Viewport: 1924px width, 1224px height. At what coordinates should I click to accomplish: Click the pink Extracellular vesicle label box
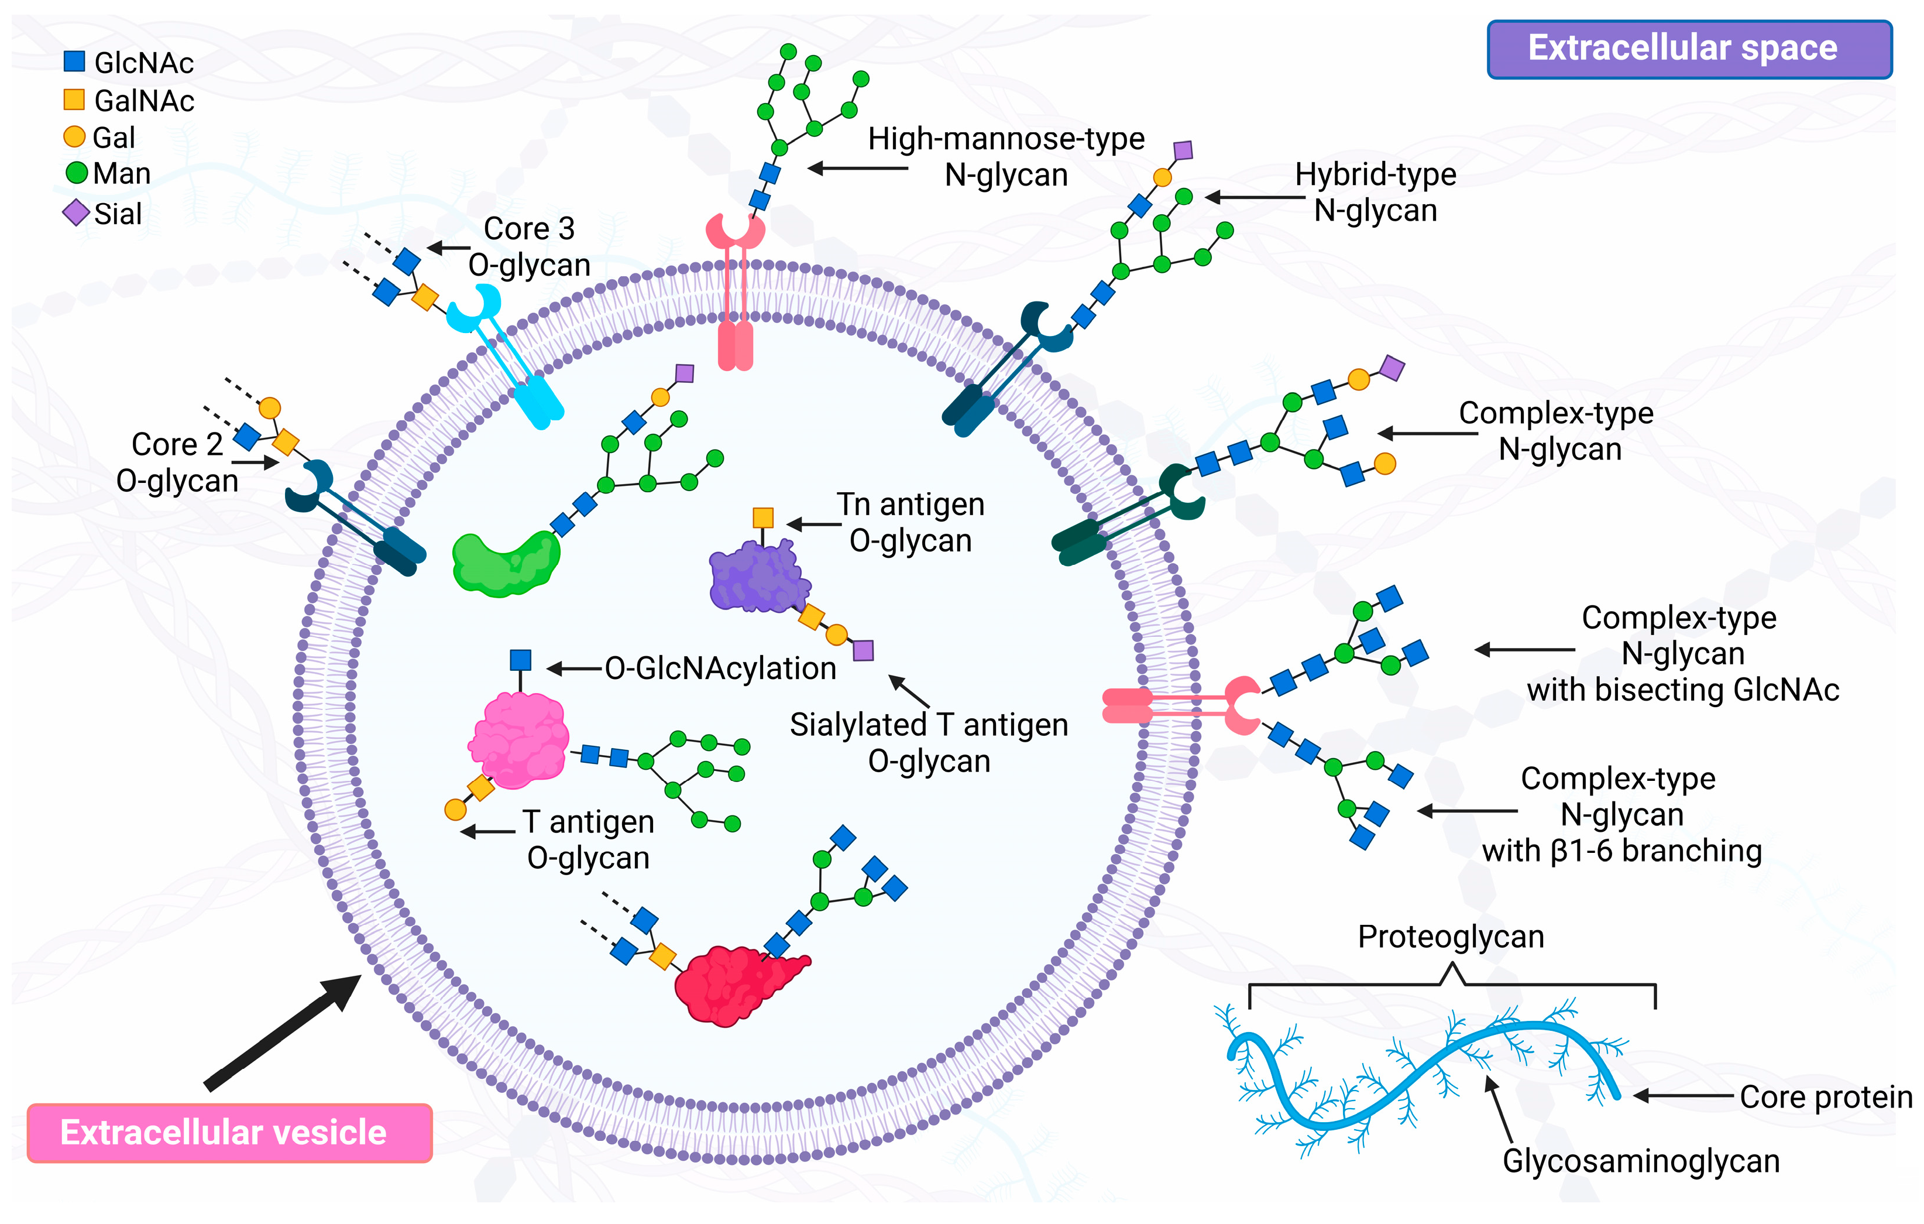tap(229, 1132)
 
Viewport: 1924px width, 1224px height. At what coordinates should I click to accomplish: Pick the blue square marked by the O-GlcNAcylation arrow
tap(520, 660)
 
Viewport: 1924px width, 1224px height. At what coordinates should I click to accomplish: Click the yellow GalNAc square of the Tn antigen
tap(763, 517)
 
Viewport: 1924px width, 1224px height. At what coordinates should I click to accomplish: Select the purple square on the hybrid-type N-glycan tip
tap(1183, 150)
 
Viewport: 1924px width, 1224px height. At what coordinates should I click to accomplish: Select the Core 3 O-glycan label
tap(529, 246)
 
